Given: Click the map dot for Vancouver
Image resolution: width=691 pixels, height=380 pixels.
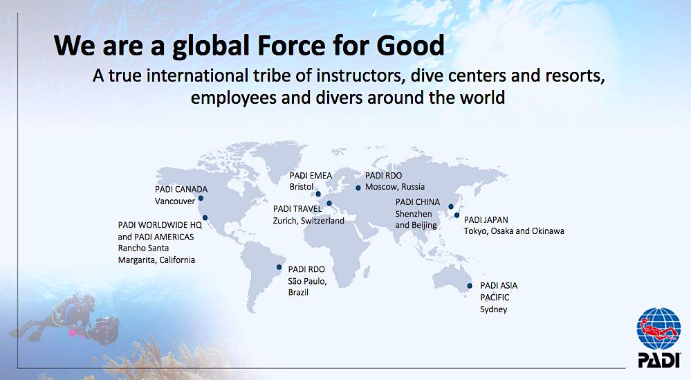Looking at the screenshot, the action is click(x=201, y=199).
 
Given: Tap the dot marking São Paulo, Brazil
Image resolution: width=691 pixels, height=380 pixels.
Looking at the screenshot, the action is click(x=279, y=267).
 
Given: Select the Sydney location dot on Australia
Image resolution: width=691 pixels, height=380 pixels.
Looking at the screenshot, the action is click(x=470, y=286).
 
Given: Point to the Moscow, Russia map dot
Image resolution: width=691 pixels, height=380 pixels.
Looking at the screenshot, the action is click(x=358, y=188).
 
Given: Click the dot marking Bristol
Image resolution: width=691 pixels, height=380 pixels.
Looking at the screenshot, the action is click(x=318, y=194).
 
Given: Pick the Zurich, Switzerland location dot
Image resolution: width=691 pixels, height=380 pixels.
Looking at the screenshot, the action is click(x=329, y=203).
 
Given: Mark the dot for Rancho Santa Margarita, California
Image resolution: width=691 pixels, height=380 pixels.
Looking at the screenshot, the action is click(x=205, y=218).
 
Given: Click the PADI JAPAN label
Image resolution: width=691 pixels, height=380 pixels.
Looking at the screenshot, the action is click(x=486, y=219).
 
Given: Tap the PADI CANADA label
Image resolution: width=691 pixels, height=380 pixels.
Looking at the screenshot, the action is click(x=181, y=189).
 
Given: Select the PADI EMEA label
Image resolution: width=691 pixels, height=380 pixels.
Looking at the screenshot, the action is click(x=311, y=175).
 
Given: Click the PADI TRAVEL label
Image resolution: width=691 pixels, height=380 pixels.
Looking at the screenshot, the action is click(x=297, y=208).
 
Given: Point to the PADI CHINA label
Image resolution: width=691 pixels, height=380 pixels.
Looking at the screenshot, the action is click(x=417, y=202).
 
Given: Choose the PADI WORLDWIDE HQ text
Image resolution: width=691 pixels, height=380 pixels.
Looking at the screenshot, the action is click(x=160, y=225).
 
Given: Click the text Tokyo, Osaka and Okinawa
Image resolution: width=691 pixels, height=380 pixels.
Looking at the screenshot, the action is click(x=514, y=231).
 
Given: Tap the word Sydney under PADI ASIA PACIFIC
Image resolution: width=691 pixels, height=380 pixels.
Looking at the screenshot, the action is click(x=494, y=309).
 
